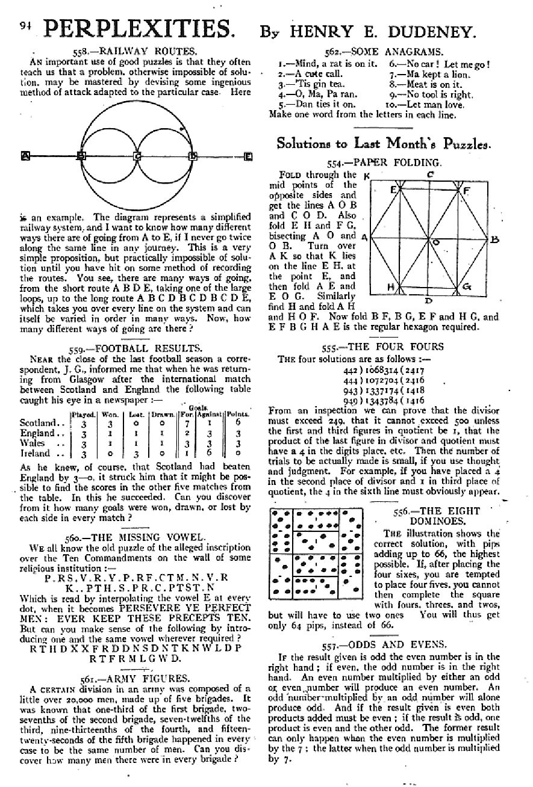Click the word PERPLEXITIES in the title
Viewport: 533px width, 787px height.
[x=139, y=29]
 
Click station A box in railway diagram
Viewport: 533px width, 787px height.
[x=25, y=156]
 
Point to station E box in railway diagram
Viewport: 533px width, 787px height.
[x=248, y=157]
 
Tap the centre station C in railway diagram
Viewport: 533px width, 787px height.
[x=137, y=157]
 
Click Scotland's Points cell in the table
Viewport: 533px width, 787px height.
[x=238, y=423]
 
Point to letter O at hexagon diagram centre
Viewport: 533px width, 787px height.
[x=435, y=241]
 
